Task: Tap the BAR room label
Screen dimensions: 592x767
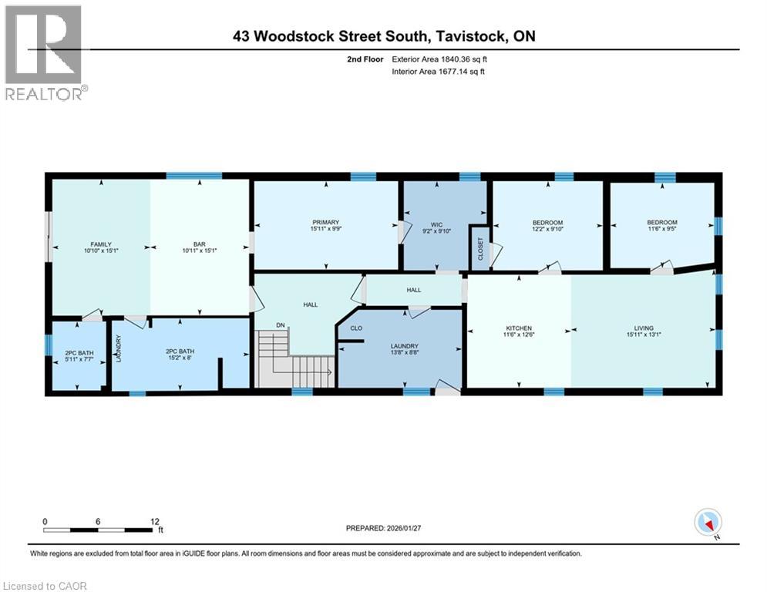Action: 200,244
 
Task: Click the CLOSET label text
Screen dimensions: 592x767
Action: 481,249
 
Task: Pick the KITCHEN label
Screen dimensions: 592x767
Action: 520,328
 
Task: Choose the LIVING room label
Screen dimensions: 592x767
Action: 644,328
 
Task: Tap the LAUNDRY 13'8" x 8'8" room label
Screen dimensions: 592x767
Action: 404,346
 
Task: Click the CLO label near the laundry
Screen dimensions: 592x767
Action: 356,328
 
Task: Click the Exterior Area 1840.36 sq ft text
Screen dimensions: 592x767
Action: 439,59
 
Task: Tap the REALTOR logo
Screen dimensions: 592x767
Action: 44,52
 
